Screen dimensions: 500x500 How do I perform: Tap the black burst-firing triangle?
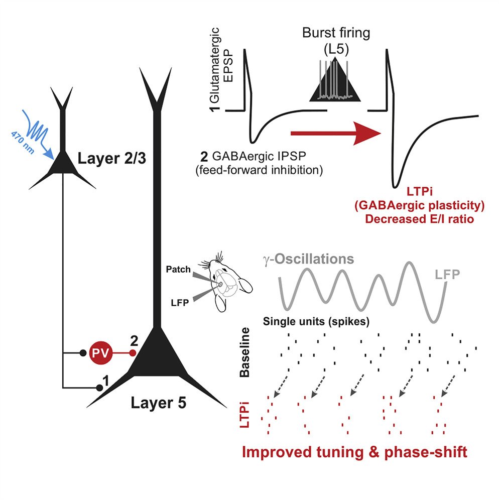[335, 83]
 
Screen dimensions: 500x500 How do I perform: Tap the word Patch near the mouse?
[179, 269]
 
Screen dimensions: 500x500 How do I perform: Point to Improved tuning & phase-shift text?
[354, 452]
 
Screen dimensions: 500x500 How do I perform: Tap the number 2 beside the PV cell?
[134, 340]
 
